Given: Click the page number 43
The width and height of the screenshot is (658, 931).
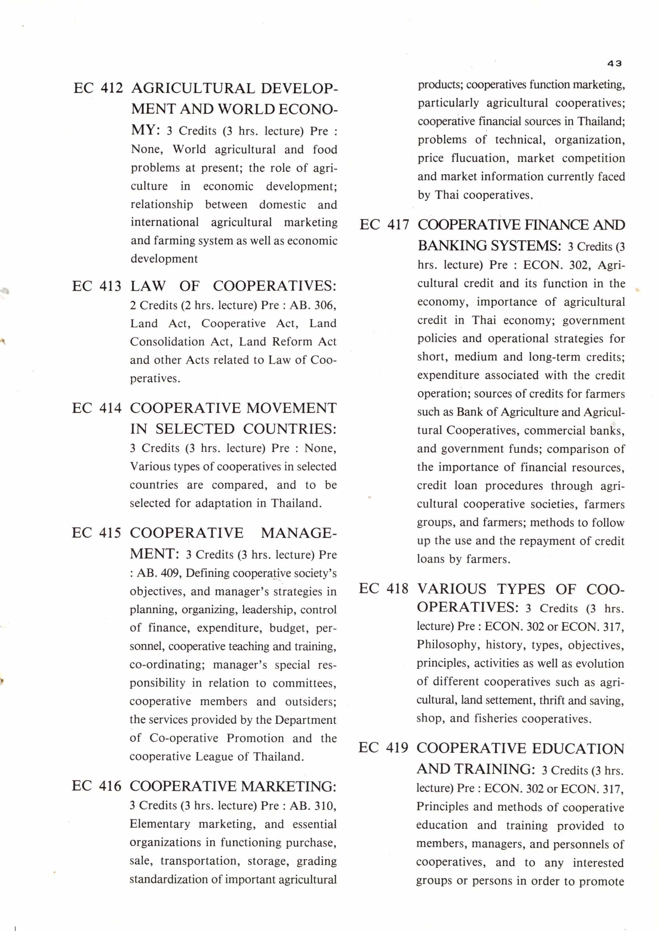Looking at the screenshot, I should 615,63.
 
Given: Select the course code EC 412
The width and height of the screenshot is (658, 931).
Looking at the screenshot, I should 98,88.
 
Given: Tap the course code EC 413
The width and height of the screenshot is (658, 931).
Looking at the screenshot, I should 97,286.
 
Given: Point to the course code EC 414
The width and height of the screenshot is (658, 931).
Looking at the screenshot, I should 97,408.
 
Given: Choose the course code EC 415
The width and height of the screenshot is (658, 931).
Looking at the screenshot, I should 97,533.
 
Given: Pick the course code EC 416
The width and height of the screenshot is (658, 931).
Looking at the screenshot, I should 97,786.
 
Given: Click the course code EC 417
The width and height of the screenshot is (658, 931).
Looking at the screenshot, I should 384,225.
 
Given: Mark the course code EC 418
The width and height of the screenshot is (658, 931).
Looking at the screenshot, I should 384,588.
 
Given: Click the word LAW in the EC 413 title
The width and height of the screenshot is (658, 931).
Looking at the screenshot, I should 148,286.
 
